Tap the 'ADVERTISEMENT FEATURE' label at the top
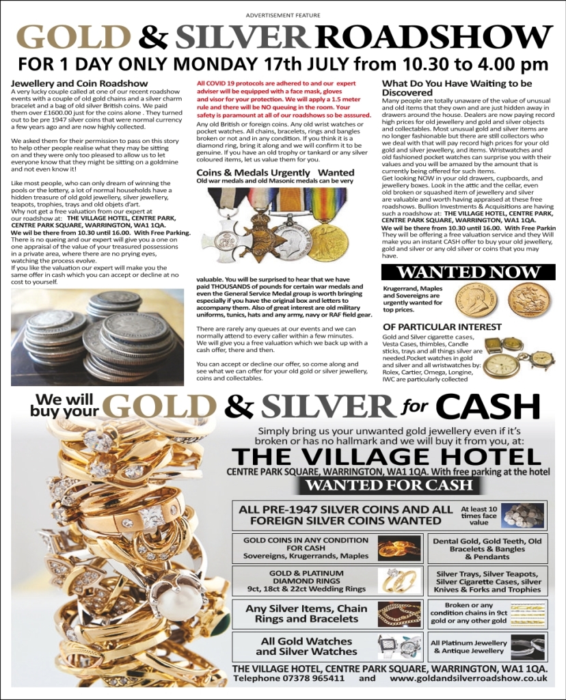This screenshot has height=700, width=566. (x=283, y=15)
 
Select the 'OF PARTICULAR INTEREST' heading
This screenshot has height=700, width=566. (x=433, y=327)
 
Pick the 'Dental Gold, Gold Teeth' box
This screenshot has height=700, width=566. (x=487, y=548)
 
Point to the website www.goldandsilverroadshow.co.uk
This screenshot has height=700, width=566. (x=468, y=678)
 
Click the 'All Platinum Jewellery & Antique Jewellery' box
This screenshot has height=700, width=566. (x=469, y=647)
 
